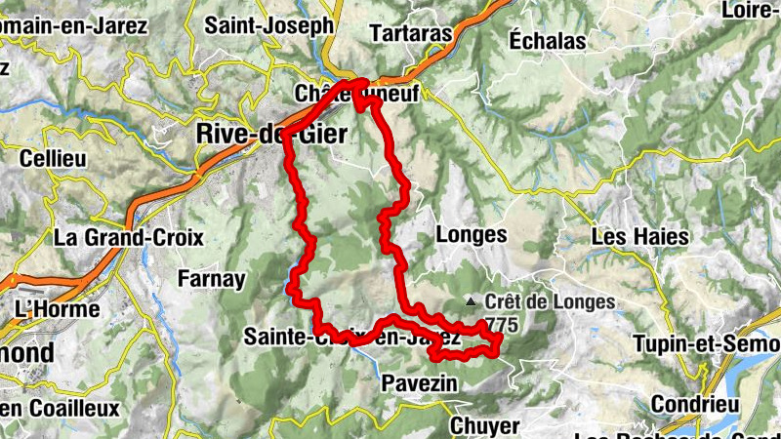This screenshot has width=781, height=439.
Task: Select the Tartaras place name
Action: pyautogui.click(x=412, y=33)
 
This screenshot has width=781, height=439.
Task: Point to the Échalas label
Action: pyautogui.click(x=548, y=41)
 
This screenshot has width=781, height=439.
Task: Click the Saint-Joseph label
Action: pyautogui.click(x=268, y=26)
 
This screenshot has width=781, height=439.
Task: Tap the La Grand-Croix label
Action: pyautogui.click(x=128, y=236)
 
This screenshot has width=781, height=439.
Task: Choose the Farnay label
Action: pyautogui.click(x=211, y=279)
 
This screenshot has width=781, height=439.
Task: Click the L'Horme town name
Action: pyautogui.click(x=58, y=309)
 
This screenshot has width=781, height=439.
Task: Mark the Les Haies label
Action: pyautogui.click(x=640, y=236)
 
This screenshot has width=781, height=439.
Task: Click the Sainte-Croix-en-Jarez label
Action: pyautogui.click(x=351, y=338)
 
